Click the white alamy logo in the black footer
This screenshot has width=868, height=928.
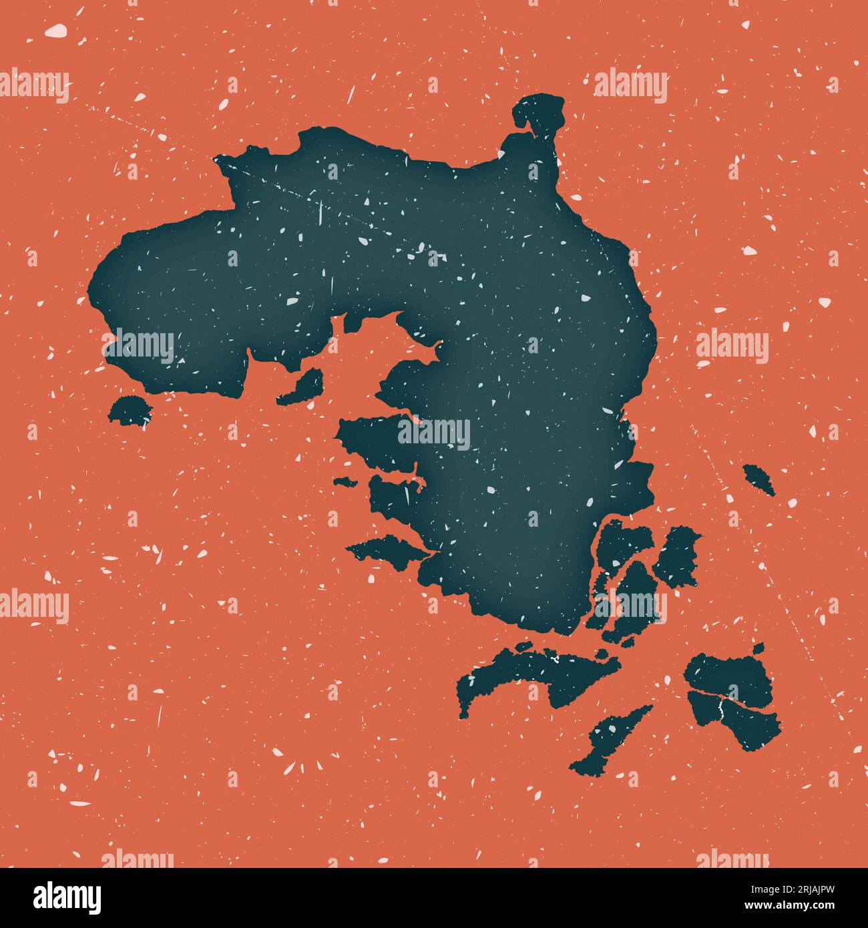coord(67,897)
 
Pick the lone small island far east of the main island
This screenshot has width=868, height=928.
coord(759,479)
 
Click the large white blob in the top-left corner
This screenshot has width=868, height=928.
coord(57,30)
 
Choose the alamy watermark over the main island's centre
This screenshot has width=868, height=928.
coord(434,433)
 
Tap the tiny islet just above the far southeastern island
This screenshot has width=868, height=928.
coord(758,647)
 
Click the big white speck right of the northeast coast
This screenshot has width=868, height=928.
coord(749,251)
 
